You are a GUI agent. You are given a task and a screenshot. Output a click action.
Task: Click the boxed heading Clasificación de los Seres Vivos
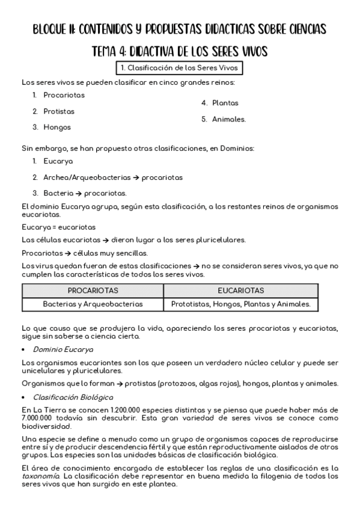tap(180, 68)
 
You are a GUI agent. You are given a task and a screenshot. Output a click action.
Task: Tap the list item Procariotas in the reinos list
tap(64, 95)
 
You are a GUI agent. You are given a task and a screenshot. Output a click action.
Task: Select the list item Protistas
tap(59, 111)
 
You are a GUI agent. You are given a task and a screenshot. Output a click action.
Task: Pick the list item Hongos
tap(57, 127)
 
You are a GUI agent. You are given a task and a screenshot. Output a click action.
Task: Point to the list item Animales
tap(228, 119)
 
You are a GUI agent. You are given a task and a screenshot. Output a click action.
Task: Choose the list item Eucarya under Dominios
tap(58, 161)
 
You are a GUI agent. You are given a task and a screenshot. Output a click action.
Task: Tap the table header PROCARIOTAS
tap(93, 290)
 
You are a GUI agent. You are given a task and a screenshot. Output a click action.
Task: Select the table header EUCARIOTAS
tap(240, 290)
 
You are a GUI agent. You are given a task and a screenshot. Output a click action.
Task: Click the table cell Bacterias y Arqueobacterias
tap(93, 304)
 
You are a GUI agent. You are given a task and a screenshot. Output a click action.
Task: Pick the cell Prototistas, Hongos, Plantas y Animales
tap(240, 304)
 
